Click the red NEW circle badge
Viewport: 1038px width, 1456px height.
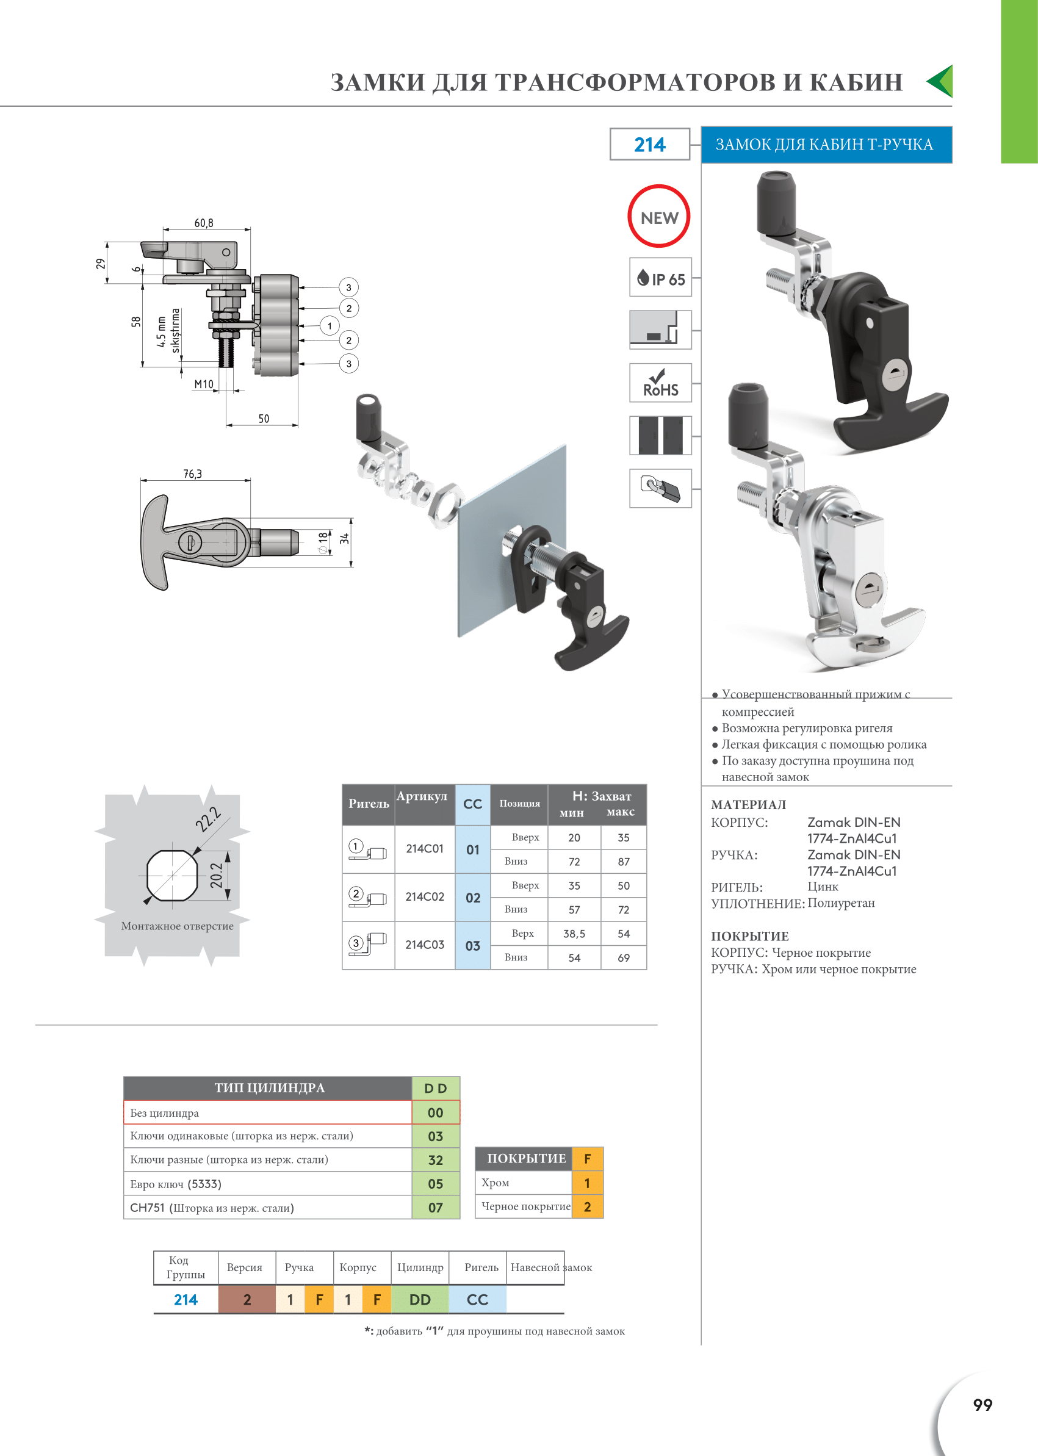[x=659, y=217]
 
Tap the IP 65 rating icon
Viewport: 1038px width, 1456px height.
[x=660, y=278]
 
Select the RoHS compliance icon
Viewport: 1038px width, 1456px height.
[x=660, y=382]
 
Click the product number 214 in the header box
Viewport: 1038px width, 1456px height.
[x=649, y=145]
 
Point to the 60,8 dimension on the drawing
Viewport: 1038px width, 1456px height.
[x=204, y=223]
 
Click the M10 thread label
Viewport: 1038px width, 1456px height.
[x=204, y=384]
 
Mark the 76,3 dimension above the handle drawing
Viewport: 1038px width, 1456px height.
[x=192, y=474]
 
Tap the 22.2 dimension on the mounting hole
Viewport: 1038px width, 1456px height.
[x=208, y=820]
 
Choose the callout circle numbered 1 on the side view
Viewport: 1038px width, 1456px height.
[x=330, y=326]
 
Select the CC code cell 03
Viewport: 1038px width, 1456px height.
[x=473, y=945]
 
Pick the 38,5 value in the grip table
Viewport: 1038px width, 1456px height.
[x=574, y=934]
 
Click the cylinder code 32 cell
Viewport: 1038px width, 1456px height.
[x=435, y=1160]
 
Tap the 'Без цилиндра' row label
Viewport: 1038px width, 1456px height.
[x=164, y=1113]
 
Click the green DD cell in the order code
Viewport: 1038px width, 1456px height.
[x=420, y=1299]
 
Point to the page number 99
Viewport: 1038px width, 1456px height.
[x=982, y=1405]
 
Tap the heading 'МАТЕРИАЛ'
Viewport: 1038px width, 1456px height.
[x=749, y=805]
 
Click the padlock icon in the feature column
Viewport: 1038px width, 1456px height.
[x=660, y=488]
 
